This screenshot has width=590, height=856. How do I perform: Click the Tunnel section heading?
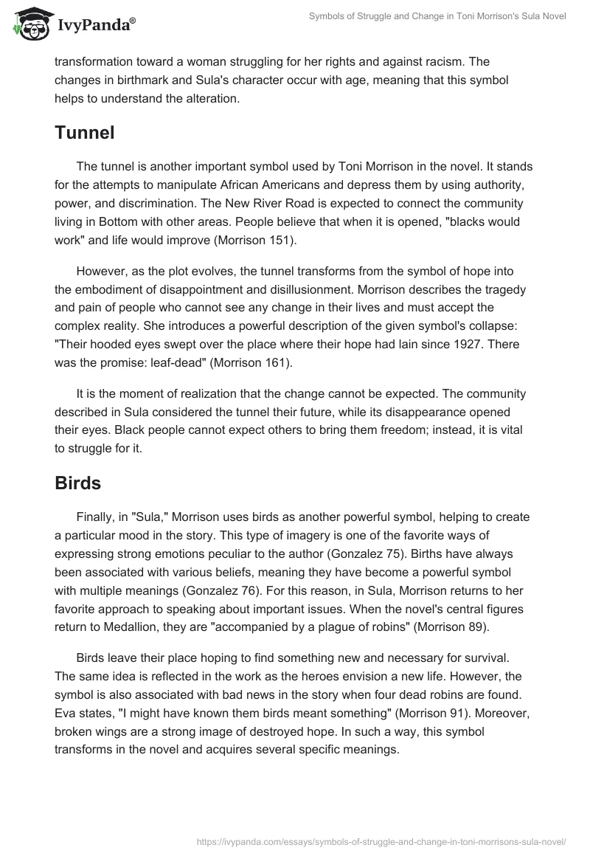85,133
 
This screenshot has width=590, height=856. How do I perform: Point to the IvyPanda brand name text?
97,25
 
